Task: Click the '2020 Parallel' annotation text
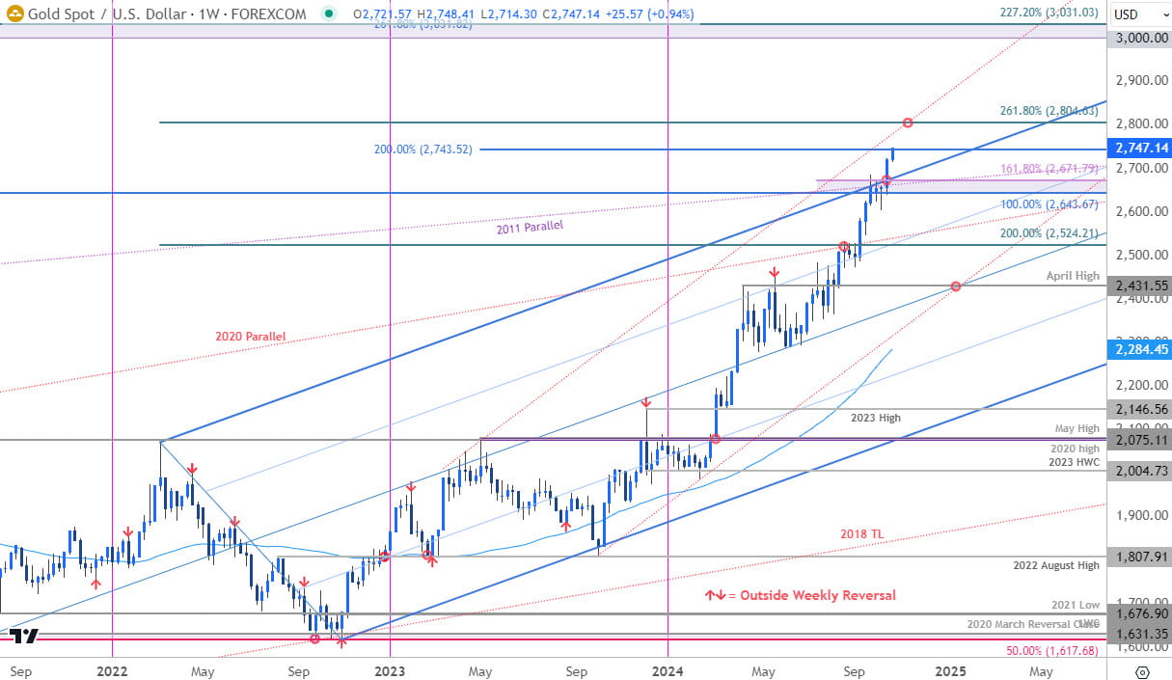pyautogui.click(x=250, y=337)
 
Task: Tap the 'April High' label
pyautogui.click(x=1073, y=276)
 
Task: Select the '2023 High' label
pyautogui.click(x=876, y=418)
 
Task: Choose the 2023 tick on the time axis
pyautogui.click(x=389, y=669)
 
